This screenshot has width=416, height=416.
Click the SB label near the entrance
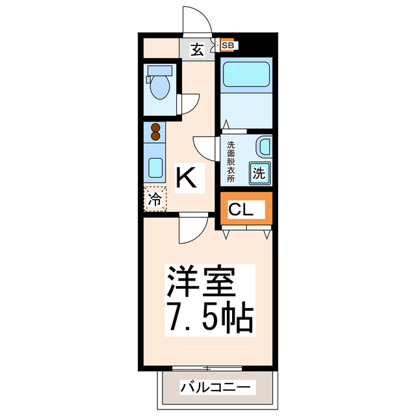(x=228, y=45)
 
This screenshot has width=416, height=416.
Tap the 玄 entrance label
(x=196, y=49)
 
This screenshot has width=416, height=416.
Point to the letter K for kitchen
(x=187, y=177)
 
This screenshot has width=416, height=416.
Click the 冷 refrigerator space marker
(x=155, y=199)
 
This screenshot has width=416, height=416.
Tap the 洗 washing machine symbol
(x=259, y=173)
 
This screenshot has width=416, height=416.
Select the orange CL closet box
(x=246, y=209)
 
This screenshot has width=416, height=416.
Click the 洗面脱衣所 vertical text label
(x=230, y=162)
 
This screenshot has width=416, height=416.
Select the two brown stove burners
(x=155, y=132)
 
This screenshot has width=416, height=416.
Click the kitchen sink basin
(x=155, y=169)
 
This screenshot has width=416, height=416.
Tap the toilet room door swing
(x=189, y=104)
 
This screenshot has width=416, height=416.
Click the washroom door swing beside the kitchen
(x=206, y=148)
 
